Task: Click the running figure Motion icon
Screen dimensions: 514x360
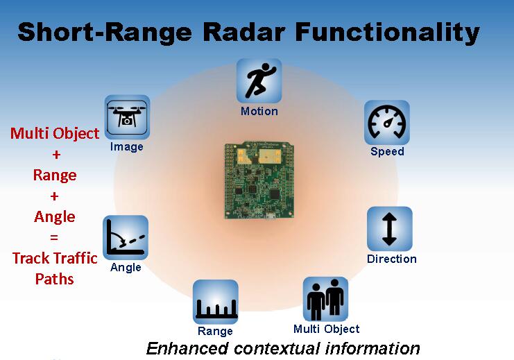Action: (x=259, y=80)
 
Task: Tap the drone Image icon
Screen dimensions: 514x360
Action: (x=127, y=117)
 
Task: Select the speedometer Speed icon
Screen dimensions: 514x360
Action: (x=387, y=123)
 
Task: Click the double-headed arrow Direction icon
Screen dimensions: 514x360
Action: (x=389, y=229)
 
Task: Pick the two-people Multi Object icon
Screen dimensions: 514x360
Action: (x=325, y=299)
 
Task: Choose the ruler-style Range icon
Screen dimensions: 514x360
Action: (x=215, y=302)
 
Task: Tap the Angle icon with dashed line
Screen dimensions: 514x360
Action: (x=126, y=238)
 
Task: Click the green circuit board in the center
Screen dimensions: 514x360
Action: (x=259, y=180)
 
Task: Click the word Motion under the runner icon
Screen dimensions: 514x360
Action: (x=259, y=112)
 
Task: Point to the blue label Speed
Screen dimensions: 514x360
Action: (x=387, y=152)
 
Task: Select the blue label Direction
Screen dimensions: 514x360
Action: (x=392, y=259)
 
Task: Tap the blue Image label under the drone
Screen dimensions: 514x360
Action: (x=126, y=147)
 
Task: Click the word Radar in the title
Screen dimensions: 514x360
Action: (x=244, y=32)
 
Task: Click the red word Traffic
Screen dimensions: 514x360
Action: (x=76, y=258)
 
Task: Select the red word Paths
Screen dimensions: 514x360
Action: (x=54, y=279)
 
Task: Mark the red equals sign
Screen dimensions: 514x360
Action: (x=54, y=237)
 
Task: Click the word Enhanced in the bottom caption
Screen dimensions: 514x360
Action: (x=187, y=348)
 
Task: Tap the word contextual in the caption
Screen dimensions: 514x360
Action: (x=277, y=348)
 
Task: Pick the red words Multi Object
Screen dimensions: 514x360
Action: (x=55, y=134)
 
